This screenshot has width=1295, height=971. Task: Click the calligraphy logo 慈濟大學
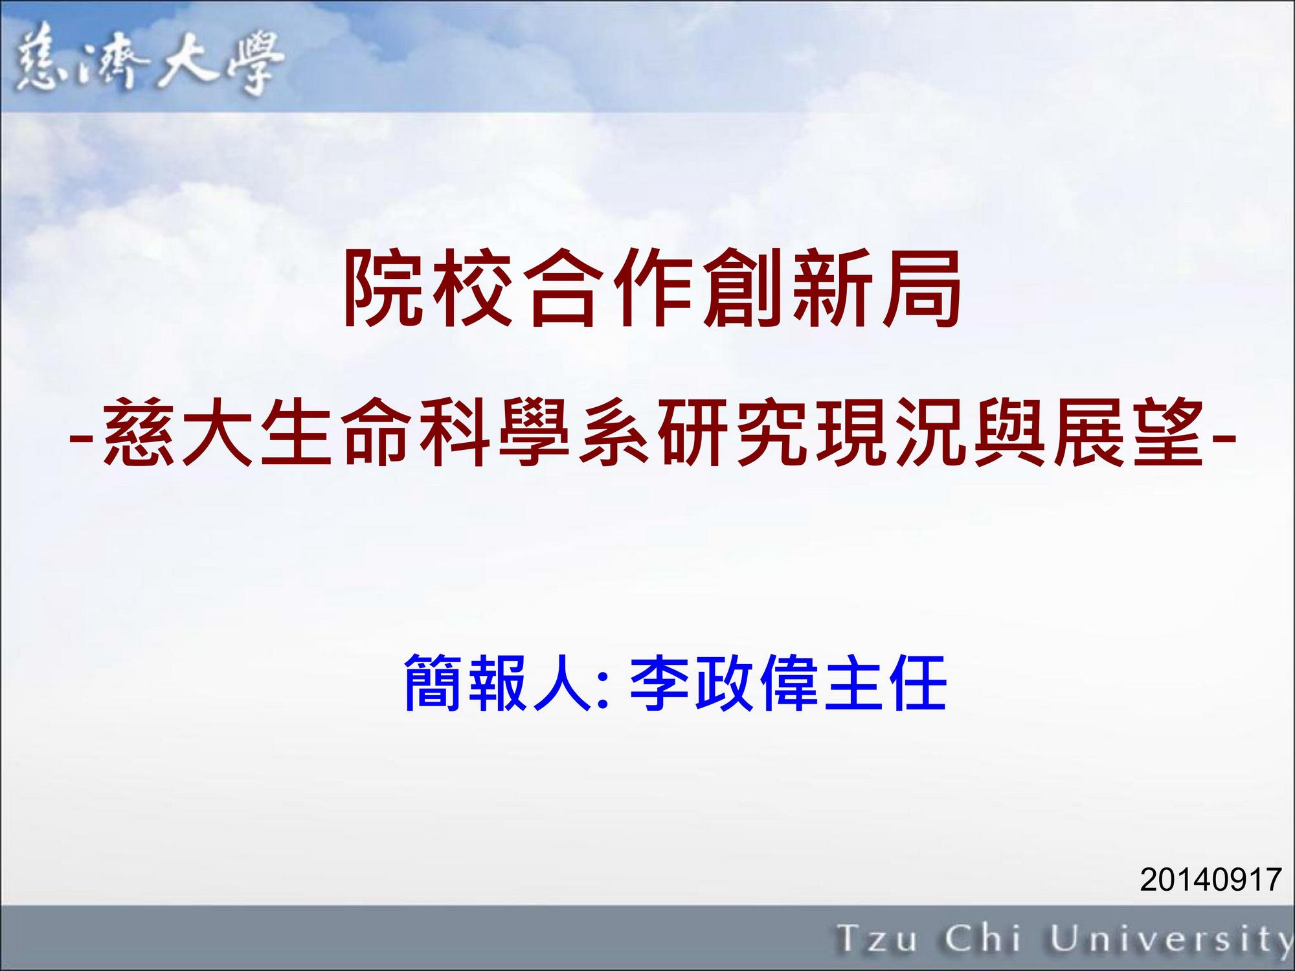[150, 64]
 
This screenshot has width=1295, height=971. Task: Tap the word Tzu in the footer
[877, 939]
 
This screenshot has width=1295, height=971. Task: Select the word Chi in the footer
[982, 938]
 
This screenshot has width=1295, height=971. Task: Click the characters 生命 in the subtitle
[336, 432]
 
